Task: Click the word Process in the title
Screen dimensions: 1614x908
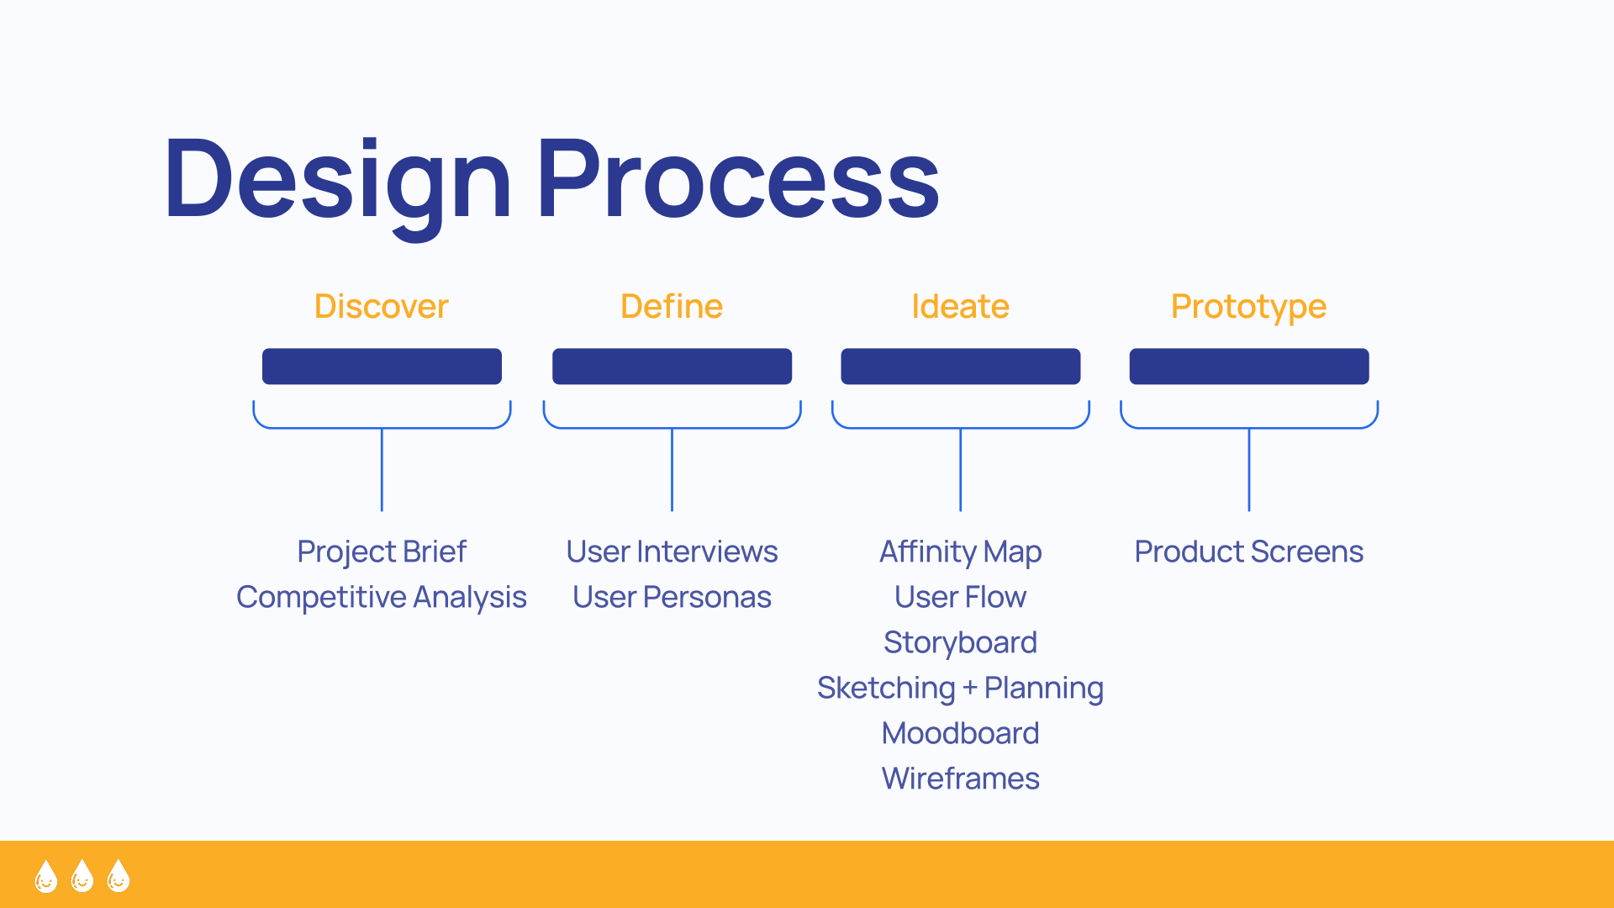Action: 738,178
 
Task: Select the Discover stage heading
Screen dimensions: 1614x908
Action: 381,306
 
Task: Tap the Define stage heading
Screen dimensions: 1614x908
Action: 672,306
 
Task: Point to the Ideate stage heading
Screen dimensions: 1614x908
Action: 960,306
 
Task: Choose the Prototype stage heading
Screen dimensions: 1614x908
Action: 1248,308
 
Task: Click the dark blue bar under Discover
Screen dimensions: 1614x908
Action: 382,367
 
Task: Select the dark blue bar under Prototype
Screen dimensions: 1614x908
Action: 1249,367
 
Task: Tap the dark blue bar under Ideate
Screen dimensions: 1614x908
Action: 961,367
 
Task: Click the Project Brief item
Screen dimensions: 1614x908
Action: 382,552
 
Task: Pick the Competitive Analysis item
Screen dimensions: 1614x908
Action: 382,598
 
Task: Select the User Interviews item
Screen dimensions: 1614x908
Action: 672,552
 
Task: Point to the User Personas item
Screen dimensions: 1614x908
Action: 672,597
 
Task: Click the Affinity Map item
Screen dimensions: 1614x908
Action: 960,552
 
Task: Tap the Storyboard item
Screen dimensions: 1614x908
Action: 960,643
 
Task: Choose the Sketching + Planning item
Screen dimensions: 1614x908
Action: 960,689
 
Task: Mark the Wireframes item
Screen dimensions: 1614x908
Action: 960,779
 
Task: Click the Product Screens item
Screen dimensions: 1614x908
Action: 1248,552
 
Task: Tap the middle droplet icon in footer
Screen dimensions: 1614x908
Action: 82,875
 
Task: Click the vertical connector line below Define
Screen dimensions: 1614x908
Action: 672,469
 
